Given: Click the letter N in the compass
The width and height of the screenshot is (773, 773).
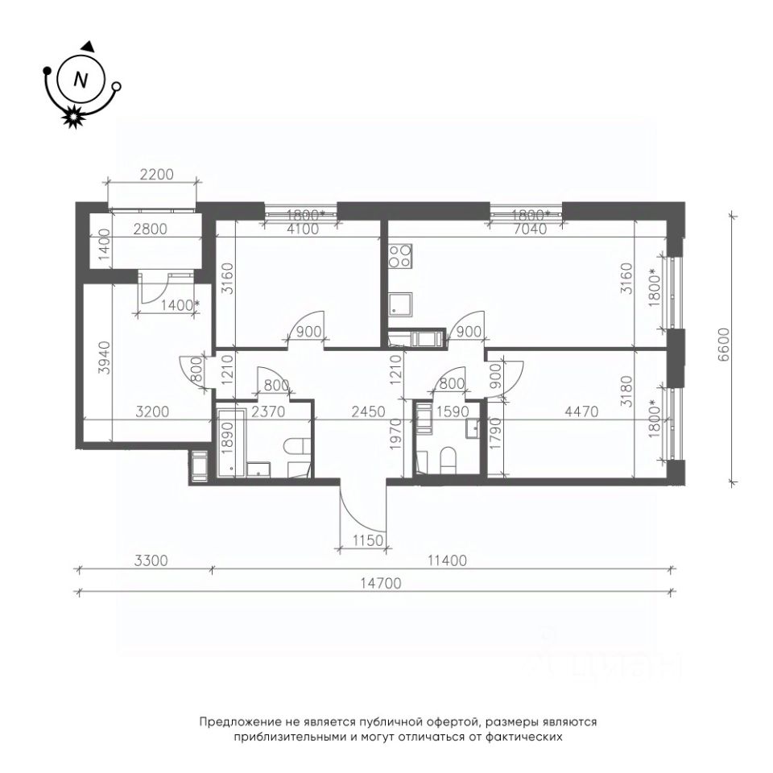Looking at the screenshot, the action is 81,80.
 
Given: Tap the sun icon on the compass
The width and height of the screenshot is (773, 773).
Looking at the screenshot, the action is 73,116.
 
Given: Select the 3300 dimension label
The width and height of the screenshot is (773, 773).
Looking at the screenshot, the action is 151,560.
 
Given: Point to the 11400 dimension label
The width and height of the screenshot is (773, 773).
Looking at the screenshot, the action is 447,560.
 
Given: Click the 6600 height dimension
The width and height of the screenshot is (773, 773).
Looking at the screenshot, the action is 724,345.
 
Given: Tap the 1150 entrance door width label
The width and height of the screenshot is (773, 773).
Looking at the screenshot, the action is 368,540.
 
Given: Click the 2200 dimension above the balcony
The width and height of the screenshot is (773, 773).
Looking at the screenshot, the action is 157,175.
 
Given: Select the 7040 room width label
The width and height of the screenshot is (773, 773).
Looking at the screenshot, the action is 529,229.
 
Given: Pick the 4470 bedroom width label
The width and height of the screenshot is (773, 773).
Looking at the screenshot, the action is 581,411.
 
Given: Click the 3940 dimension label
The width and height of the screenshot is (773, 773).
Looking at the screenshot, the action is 104,358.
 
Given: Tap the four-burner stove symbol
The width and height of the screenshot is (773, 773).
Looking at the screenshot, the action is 399,256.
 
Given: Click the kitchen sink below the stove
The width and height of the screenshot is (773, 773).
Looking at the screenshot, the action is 400,304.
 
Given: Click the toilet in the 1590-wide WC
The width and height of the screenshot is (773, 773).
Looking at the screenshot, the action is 448,459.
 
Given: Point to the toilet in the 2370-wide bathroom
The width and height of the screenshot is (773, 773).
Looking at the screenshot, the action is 296,446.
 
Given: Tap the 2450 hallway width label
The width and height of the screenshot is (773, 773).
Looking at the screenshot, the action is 368,411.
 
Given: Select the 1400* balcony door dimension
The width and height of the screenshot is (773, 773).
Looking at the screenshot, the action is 180,306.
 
